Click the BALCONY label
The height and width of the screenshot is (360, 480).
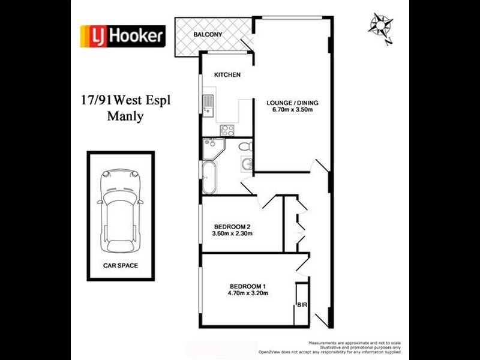click(208, 35)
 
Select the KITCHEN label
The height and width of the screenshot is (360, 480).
click(227, 75)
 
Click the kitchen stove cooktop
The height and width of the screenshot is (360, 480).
click(227, 130)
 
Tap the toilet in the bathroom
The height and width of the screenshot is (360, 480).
click(244, 146)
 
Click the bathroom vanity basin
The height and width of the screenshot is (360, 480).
click(246, 164)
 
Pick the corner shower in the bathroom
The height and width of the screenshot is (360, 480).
click(211, 146)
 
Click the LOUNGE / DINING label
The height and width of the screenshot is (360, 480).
click(292, 103)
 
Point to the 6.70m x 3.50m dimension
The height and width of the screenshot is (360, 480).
click(292, 110)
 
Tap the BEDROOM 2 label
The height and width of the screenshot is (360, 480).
click(232, 226)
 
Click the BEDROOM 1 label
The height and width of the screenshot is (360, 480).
click(248, 286)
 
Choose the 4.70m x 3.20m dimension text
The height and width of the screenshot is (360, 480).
click(248, 293)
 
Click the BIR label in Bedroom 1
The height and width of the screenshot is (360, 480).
click(302, 305)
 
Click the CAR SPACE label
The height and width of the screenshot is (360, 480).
click(120, 264)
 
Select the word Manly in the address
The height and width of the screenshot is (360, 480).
click(124, 116)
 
